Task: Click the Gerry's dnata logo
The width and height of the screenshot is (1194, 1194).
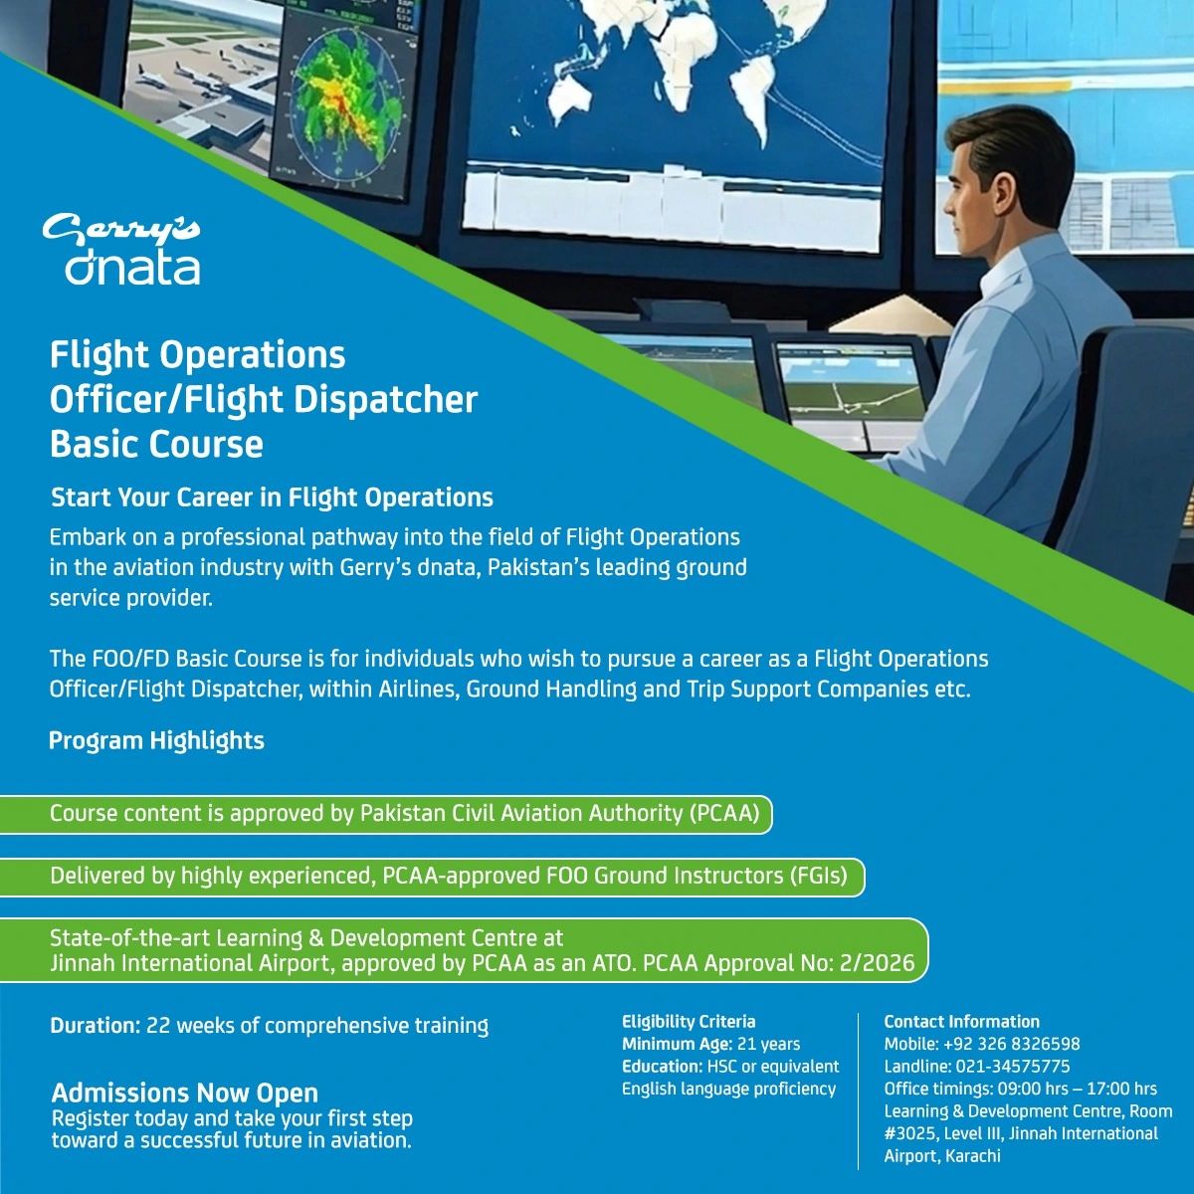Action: click(121, 250)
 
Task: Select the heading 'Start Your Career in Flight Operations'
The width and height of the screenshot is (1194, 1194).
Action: click(272, 497)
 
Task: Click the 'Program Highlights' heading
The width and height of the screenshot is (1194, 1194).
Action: click(157, 740)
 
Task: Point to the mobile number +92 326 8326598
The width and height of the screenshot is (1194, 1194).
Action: click(1012, 1044)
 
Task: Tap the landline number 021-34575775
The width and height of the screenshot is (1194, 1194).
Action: click(1013, 1067)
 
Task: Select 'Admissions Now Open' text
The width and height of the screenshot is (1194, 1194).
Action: click(185, 1093)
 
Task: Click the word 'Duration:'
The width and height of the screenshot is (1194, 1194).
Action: click(97, 1026)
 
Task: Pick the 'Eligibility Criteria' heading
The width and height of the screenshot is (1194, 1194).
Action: click(689, 1022)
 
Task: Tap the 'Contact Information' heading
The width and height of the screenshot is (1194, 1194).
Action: click(961, 1022)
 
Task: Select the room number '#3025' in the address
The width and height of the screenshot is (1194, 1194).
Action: click(910, 1133)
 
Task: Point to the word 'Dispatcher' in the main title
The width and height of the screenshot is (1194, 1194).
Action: click(385, 400)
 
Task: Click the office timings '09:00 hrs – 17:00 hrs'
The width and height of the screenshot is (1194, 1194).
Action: click(1078, 1089)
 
